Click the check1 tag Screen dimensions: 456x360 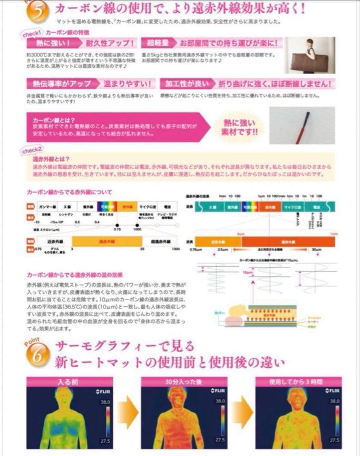tap(32, 33)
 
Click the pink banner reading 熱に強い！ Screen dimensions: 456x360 tap(48, 43)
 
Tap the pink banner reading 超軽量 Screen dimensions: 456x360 tap(159, 43)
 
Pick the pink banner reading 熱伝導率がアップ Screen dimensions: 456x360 tap(60, 83)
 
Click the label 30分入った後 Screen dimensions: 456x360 tap(184, 382)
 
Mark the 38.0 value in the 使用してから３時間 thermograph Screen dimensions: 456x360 tap(335, 401)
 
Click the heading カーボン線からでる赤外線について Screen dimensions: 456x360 tap(70, 193)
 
